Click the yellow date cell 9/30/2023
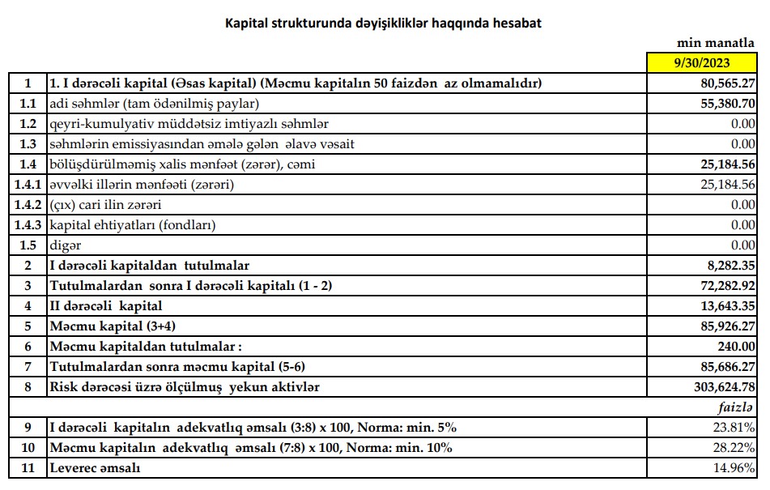703,63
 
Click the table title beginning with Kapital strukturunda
383,23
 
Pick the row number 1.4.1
28,185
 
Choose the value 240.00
737,347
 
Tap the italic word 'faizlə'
737,407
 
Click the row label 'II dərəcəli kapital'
106,306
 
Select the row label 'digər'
66,245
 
